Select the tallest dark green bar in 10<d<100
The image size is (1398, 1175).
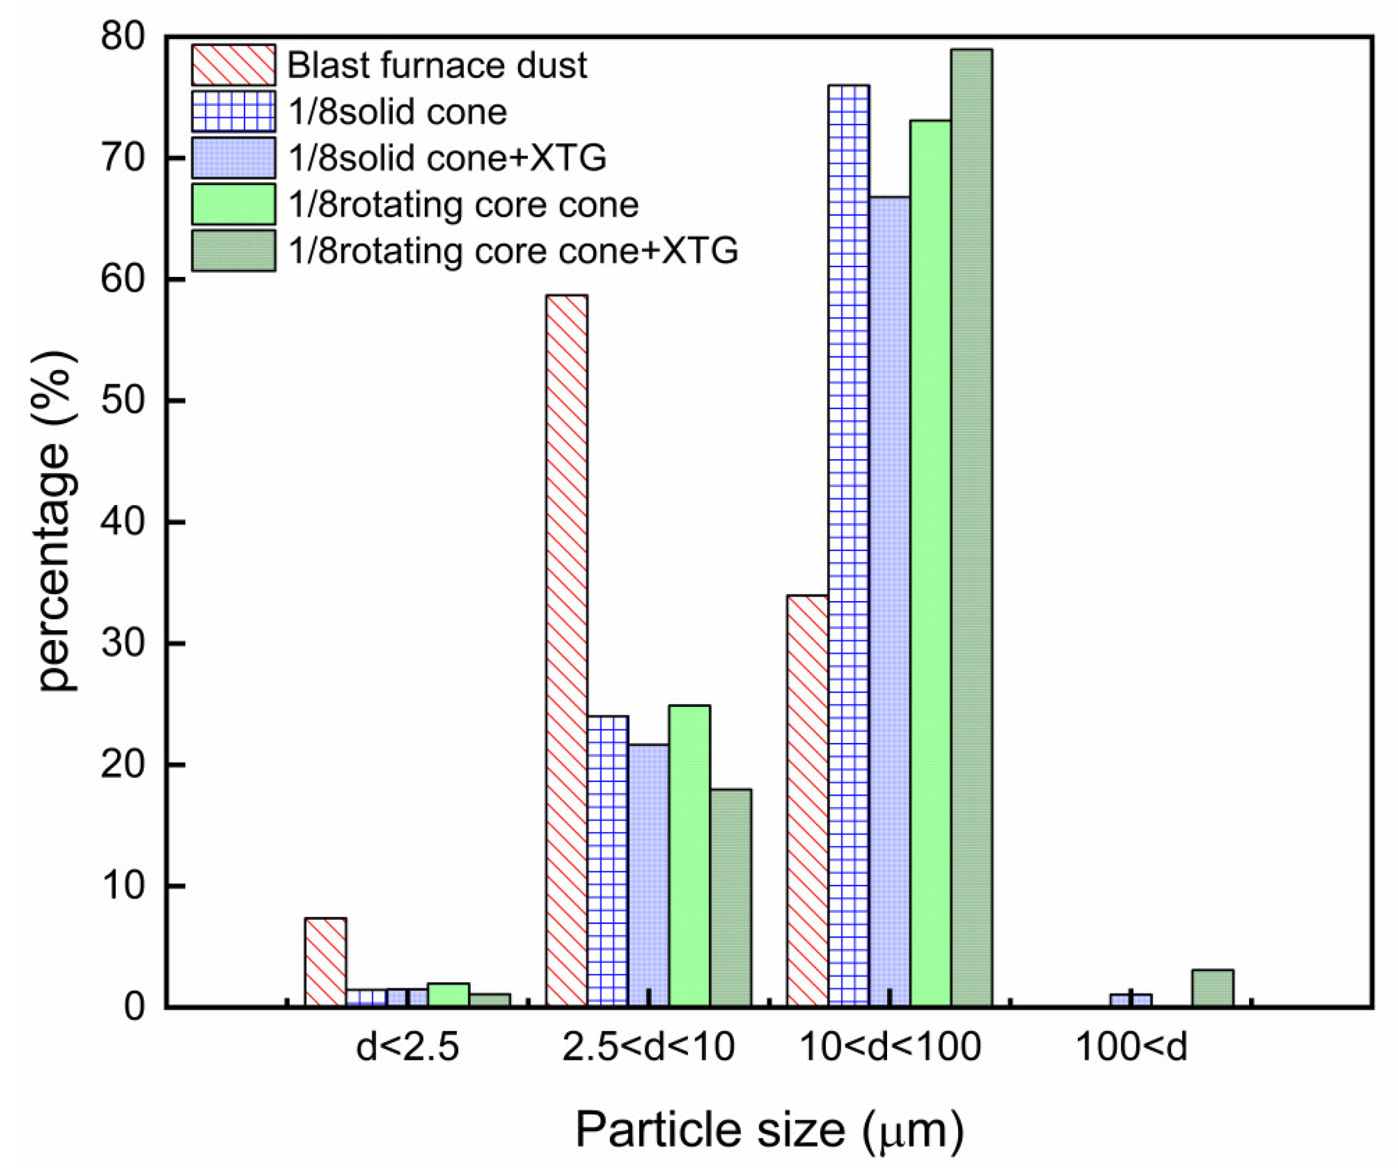coord(971,526)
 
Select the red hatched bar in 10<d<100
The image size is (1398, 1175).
coord(807,799)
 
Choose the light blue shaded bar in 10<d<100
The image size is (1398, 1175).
coord(889,599)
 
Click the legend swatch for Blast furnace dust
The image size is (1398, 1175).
coord(233,65)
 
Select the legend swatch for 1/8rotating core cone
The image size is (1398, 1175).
coord(233,204)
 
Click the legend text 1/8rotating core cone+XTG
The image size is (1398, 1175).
coord(513,251)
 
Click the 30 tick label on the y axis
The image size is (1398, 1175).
coord(122,643)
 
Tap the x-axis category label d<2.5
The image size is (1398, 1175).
coord(407,1047)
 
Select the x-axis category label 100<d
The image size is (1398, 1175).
coord(1131,1047)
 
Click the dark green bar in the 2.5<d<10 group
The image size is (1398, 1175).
coord(730,896)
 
